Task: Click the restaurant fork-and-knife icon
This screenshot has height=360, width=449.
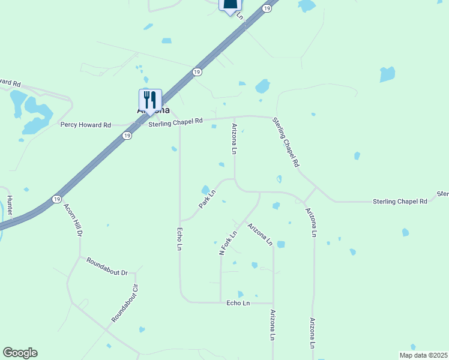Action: pyautogui.click(x=150, y=100)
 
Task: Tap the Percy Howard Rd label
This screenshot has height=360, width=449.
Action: pyautogui.click(x=85, y=125)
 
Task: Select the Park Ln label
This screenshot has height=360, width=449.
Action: pyautogui.click(x=207, y=200)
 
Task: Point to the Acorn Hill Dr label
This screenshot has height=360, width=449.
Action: pyautogui.click(x=72, y=219)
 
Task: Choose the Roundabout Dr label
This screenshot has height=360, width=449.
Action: pyautogui.click(x=107, y=266)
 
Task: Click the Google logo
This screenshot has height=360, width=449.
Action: pyautogui.click(x=20, y=353)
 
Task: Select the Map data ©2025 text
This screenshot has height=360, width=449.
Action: pyautogui.click(x=423, y=355)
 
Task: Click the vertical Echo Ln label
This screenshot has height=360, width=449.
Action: pyautogui.click(x=179, y=238)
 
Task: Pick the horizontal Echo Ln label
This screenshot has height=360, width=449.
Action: pyautogui.click(x=238, y=304)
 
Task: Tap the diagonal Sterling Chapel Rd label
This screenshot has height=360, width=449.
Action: pyautogui.click(x=286, y=142)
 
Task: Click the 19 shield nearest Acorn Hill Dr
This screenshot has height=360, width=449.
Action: pyautogui.click(x=56, y=199)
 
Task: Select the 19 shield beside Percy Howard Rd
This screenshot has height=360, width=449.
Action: pyautogui.click(x=127, y=136)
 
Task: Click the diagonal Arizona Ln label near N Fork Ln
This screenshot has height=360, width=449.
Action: pyautogui.click(x=260, y=235)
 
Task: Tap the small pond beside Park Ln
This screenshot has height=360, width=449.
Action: pyautogui.click(x=205, y=190)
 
